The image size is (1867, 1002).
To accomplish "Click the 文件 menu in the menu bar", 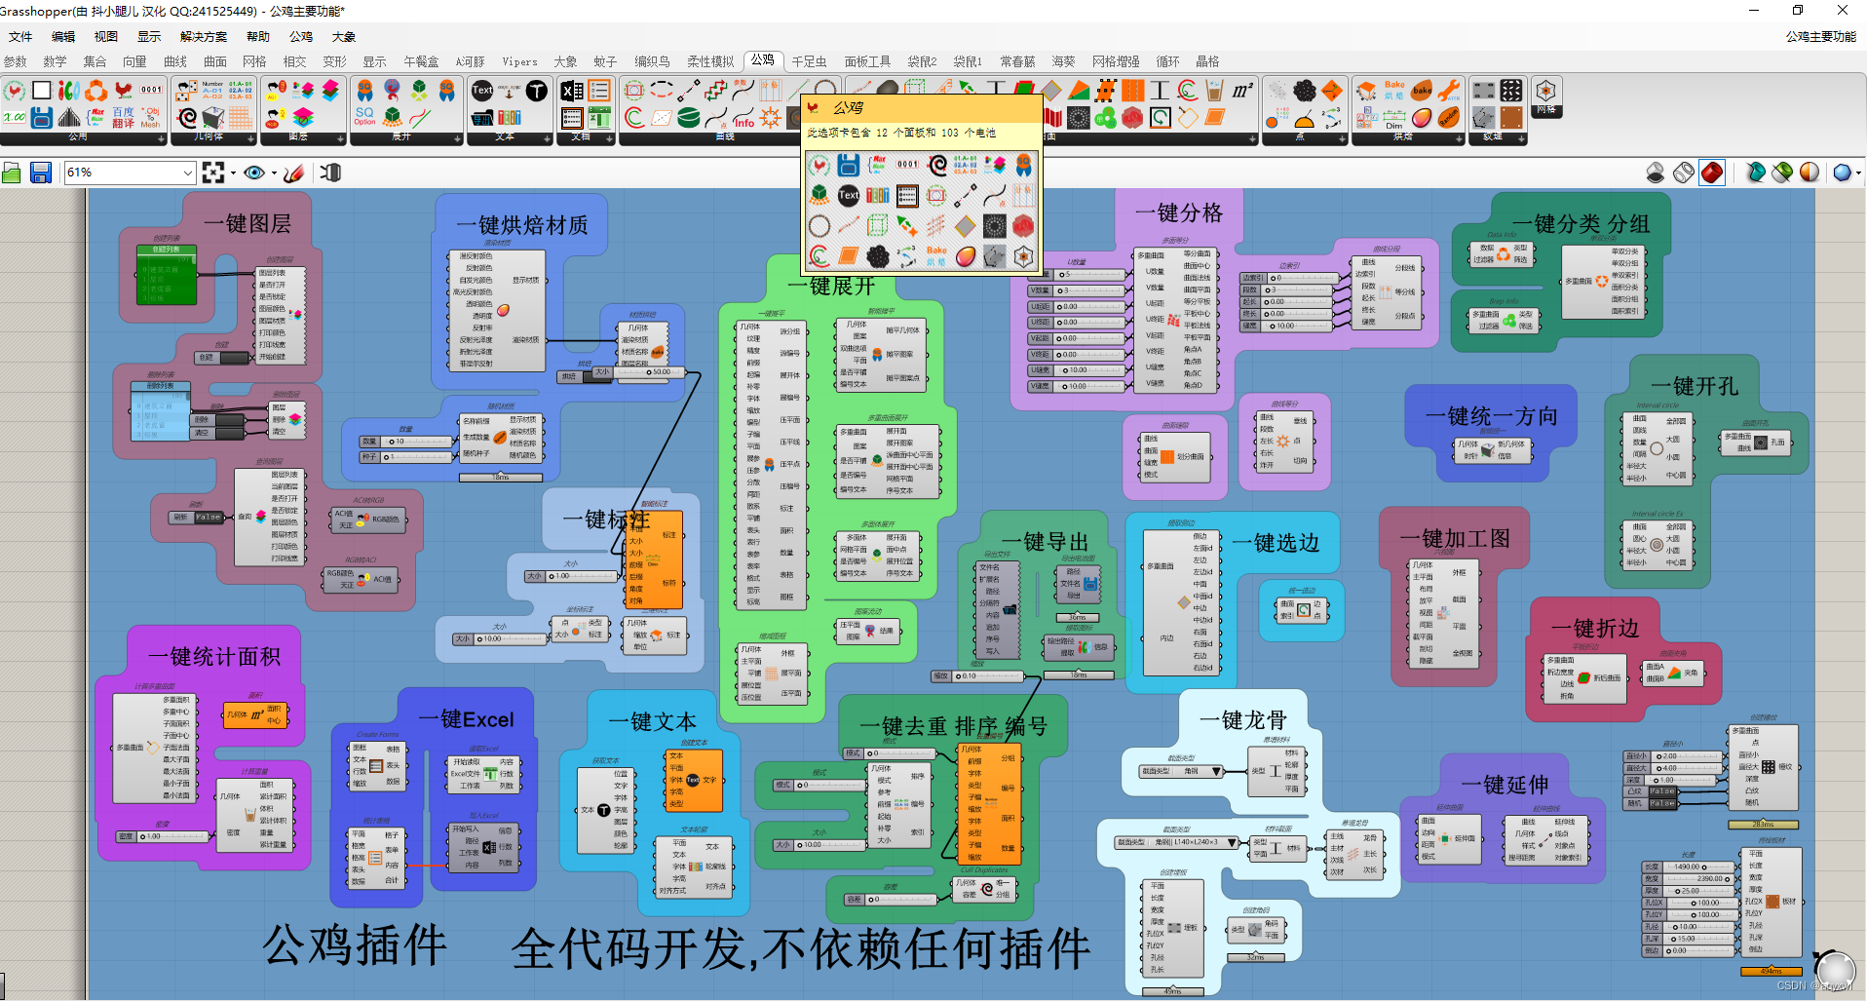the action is tap(20, 37).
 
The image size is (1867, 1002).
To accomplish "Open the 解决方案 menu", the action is tap(204, 37).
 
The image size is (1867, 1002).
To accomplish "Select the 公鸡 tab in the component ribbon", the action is tap(763, 60).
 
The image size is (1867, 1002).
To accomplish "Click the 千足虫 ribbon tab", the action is tap(809, 61).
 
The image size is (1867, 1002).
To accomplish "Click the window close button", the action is tap(1842, 11).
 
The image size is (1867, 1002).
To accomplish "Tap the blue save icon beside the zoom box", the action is tap(41, 173).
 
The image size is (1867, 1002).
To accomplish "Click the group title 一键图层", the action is tap(248, 223).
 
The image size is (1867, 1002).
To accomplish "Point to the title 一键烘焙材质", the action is tap(522, 225).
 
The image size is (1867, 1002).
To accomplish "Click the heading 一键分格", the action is tap(1178, 212).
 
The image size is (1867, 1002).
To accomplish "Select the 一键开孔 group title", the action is tap(1695, 386).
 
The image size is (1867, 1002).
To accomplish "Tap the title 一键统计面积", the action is tap(214, 656).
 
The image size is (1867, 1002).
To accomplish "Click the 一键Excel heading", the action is tap(466, 719).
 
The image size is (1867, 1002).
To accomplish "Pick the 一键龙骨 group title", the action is tap(1242, 720).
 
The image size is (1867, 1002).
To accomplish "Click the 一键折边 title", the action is tap(1594, 629).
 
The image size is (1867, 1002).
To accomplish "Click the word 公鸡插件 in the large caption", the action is tap(355, 944).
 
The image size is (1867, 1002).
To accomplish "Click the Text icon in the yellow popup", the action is tap(849, 195).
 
